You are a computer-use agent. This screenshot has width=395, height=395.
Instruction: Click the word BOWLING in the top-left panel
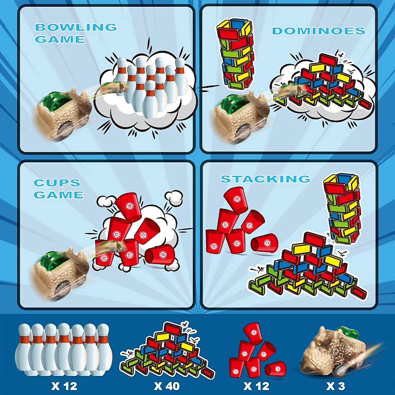tap(76, 27)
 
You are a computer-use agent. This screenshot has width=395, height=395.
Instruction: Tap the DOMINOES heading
tap(318, 31)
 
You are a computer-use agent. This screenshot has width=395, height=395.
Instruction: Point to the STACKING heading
tap(265, 179)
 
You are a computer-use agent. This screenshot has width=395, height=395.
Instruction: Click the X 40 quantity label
tap(167, 386)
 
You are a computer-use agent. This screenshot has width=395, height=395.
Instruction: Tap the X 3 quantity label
tap(336, 386)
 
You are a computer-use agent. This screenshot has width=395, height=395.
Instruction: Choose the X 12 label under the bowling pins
tap(64, 386)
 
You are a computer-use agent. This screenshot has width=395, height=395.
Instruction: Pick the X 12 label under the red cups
tap(256, 386)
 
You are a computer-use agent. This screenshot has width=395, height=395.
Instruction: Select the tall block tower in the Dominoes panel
tap(236, 54)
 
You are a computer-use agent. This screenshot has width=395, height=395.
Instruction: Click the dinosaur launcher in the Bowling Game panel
tap(63, 115)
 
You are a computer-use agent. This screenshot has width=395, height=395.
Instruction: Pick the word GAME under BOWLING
tap(60, 39)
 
